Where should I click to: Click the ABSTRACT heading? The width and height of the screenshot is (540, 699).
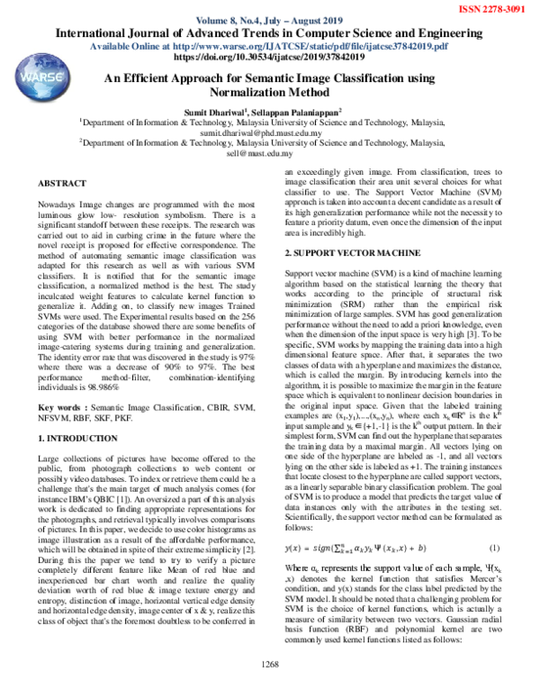62,183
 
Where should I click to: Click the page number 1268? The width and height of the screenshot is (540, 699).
270,688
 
